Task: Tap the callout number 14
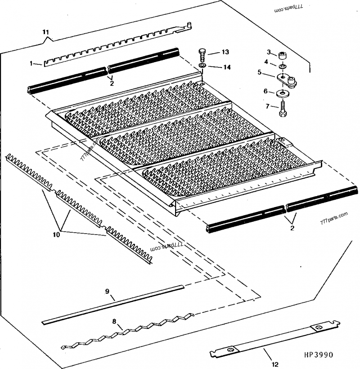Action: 226,67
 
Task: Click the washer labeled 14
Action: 204,67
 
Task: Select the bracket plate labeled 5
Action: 288,82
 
